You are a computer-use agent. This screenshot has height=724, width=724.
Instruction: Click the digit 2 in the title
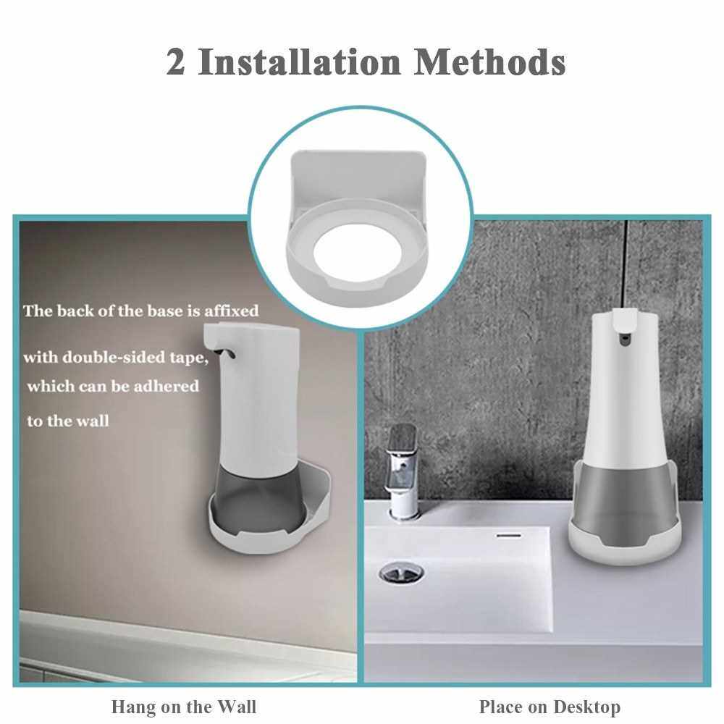pyautogui.click(x=176, y=62)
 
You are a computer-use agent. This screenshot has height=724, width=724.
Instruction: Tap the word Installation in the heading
pyautogui.click(x=299, y=62)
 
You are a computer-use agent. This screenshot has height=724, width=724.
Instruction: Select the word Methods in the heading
pyautogui.click(x=489, y=62)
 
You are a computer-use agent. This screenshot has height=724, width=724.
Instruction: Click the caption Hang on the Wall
pyautogui.click(x=184, y=707)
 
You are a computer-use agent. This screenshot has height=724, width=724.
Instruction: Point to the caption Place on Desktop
pyautogui.click(x=550, y=707)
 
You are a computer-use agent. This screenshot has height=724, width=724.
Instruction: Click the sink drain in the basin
pyautogui.click(x=401, y=573)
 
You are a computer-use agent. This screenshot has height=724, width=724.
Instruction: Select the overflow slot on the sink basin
pyautogui.click(x=509, y=535)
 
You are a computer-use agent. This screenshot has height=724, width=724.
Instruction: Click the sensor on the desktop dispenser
pyautogui.click(x=625, y=340)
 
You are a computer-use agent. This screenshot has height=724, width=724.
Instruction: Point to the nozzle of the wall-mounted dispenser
pyautogui.click(x=228, y=354)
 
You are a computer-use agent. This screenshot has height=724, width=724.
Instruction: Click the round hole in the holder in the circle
pyautogui.click(x=357, y=253)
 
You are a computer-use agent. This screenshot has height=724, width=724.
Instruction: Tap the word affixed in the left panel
pyautogui.click(x=231, y=311)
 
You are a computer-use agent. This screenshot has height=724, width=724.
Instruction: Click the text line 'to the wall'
pyautogui.click(x=68, y=421)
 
